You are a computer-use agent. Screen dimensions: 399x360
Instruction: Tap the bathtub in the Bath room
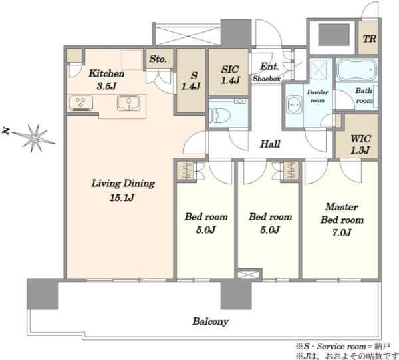pos(356,69)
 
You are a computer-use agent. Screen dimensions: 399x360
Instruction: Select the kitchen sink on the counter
pos(129,103)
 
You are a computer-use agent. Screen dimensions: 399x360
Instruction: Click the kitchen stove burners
pos(81,103)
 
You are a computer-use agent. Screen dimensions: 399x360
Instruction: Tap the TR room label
pos(370,39)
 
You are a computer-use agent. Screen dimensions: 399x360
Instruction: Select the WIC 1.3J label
pos(360,144)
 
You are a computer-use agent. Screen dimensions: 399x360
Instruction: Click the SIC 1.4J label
pos(230,75)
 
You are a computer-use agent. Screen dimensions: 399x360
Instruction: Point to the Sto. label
pos(158,59)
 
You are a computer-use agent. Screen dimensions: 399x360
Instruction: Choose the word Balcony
pos(210,321)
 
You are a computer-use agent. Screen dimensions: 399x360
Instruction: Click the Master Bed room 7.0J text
pos(342,220)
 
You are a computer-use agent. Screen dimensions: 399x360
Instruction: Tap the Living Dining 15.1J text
pos(123,190)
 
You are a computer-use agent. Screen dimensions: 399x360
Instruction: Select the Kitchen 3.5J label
pos(106,80)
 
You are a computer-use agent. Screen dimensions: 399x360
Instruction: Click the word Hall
pos(270,144)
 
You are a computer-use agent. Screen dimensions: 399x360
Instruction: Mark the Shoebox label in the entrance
pos(267,79)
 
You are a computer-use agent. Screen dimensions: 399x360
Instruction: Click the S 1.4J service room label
pos(191,81)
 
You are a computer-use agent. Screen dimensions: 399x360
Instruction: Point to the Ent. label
pos(269,67)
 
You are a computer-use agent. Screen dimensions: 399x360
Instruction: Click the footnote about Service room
pos(342,346)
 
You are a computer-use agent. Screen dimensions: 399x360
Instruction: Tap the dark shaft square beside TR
pos(334,35)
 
